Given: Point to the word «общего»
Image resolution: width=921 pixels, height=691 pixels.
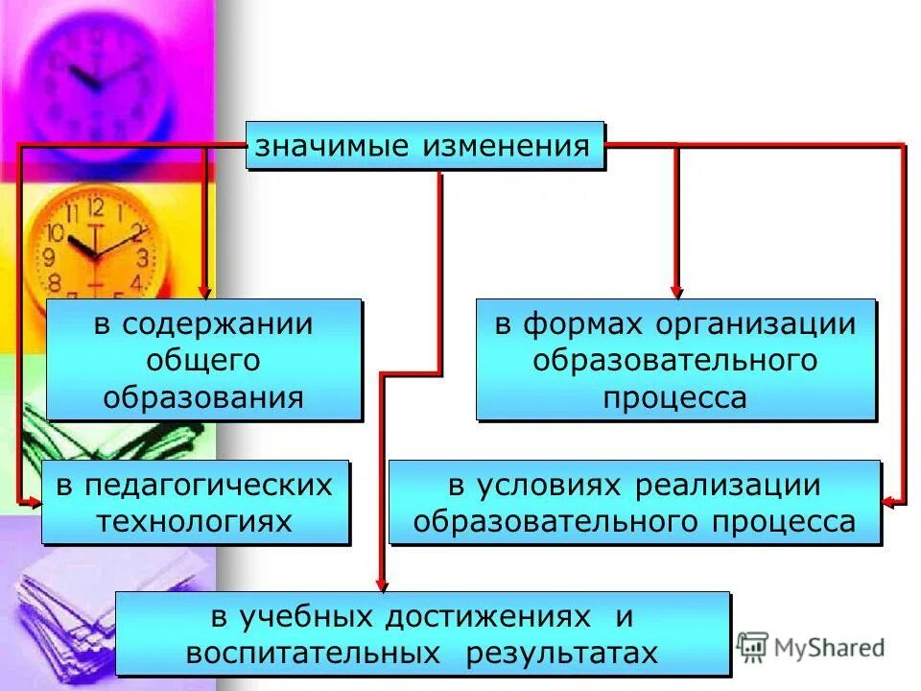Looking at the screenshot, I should point(203,360).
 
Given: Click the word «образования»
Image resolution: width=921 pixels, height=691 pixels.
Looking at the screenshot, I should point(203,395).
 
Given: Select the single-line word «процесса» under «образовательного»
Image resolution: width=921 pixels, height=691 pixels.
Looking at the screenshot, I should point(674,396).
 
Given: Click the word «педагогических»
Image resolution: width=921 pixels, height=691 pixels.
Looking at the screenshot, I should point(207,485).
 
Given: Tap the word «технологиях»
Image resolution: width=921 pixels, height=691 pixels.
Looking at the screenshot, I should point(197,520).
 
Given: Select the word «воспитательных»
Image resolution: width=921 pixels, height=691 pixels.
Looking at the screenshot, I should point(305,653).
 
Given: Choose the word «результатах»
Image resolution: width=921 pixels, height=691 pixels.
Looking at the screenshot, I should point(562,653).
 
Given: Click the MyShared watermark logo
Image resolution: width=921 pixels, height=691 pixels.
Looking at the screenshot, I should point(811,647).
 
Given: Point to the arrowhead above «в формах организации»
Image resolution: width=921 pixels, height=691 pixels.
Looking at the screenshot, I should point(676,292).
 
